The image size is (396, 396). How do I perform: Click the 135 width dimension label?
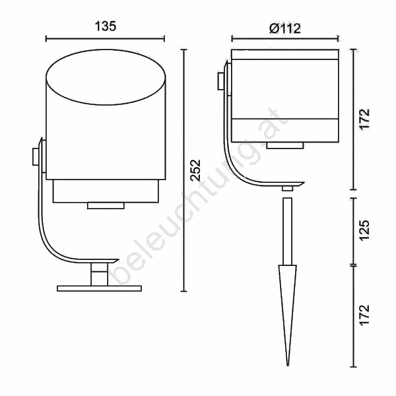click(x=106, y=26)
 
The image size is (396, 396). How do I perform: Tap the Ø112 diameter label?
click(x=285, y=28)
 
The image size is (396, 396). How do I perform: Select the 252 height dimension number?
click(x=195, y=170)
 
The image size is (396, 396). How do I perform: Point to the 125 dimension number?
click(x=364, y=231)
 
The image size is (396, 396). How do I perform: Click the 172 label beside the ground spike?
click(x=364, y=315)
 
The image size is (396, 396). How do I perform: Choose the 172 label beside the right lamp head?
click(x=364, y=119)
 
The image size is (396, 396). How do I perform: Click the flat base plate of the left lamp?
click(x=99, y=288)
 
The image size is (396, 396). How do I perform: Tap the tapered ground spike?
click(x=287, y=315)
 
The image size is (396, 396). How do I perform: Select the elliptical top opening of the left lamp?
click(x=106, y=77)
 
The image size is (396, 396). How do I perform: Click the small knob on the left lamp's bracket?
click(x=36, y=157)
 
